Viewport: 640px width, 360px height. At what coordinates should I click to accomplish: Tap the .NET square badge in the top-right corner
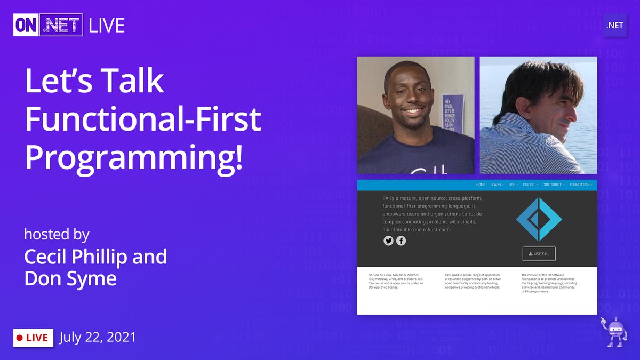click(614, 25)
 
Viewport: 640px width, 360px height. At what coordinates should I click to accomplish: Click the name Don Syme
click(70, 278)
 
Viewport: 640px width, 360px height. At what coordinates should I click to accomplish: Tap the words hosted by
click(57, 234)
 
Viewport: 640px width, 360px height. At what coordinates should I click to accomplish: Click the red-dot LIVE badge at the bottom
click(33, 338)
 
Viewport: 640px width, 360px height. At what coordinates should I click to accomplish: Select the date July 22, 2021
click(98, 337)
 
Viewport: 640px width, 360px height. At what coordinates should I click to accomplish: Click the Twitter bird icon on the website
click(388, 241)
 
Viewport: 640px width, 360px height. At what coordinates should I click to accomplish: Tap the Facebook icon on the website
click(401, 241)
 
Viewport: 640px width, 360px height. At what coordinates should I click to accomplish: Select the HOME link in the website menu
click(481, 185)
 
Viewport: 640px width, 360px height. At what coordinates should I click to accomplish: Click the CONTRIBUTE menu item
click(554, 185)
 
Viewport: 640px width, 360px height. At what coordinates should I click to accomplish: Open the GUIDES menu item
click(530, 185)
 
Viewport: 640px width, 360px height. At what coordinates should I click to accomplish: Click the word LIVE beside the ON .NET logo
click(107, 26)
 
